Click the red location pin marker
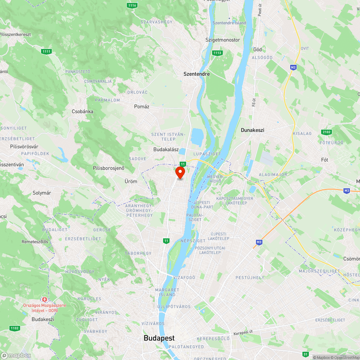click(x=180, y=172)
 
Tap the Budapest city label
click(x=159, y=338)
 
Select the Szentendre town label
click(x=197, y=74)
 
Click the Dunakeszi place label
click(x=252, y=130)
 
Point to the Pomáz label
click(x=141, y=107)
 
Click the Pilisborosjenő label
click(x=108, y=168)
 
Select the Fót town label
click(x=325, y=159)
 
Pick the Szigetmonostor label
click(x=222, y=40)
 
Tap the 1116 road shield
click(x=132, y=5)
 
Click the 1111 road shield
click(x=46, y=51)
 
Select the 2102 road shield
click(x=327, y=132)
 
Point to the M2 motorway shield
click(x=293, y=67)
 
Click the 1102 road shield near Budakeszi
click(x=15, y=328)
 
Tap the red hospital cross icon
click(x=45, y=300)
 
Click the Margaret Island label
click(x=167, y=292)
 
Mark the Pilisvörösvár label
click(x=24, y=147)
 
